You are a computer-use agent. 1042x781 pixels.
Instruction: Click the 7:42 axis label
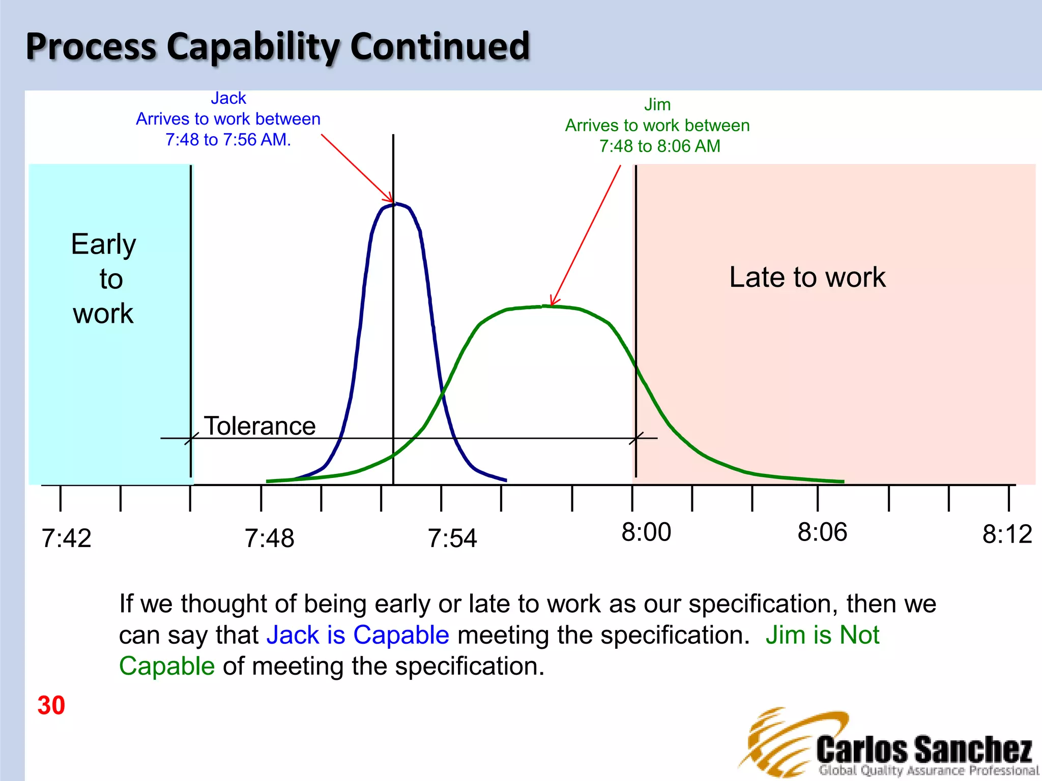(x=67, y=538)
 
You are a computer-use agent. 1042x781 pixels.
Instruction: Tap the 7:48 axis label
(x=269, y=538)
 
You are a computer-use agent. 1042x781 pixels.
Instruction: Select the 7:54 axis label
(x=452, y=538)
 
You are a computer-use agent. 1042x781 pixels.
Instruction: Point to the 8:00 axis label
(x=646, y=532)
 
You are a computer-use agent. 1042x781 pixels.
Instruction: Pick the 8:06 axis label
(x=822, y=532)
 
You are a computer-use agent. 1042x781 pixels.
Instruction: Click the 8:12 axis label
(x=1007, y=534)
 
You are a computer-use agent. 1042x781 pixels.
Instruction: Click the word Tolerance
(x=259, y=426)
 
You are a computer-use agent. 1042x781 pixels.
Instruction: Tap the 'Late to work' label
(x=807, y=277)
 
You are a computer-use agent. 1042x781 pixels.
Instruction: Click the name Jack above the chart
(x=228, y=98)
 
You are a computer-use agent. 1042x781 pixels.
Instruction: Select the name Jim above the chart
(x=657, y=104)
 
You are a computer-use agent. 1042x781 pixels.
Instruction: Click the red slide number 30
(x=51, y=705)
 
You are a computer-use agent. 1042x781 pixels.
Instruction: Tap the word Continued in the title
(x=440, y=46)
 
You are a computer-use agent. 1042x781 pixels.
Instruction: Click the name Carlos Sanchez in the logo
(x=924, y=749)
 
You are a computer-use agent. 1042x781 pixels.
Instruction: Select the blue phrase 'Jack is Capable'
(x=358, y=635)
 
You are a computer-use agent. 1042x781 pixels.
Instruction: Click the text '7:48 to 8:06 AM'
(x=659, y=146)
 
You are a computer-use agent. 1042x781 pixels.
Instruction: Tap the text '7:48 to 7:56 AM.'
(x=228, y=139)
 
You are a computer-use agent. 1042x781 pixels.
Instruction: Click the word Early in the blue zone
(x=103, y=244)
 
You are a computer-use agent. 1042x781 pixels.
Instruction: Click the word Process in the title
(x=91, y=46)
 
